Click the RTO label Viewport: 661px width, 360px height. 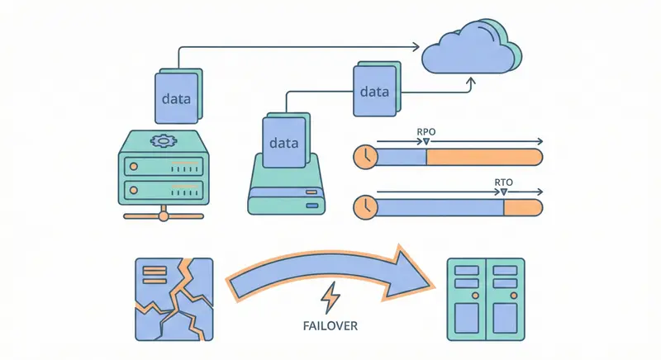[x=501, y=181]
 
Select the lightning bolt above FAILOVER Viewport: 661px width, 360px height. [x=330, y=296]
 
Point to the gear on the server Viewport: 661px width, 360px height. [x=163, y=140]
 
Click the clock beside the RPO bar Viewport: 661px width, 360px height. [x=364, y=156]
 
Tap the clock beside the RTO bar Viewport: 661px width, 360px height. [x=364, y=206]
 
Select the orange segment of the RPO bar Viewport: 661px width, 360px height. [x=483, y=156]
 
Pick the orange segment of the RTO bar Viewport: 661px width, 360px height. [x=523, y=206]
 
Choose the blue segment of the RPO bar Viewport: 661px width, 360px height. [x=401, y=156]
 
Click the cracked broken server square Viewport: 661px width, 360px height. [x=174, y=299]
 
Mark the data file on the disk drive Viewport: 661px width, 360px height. [x=283, y=143]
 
